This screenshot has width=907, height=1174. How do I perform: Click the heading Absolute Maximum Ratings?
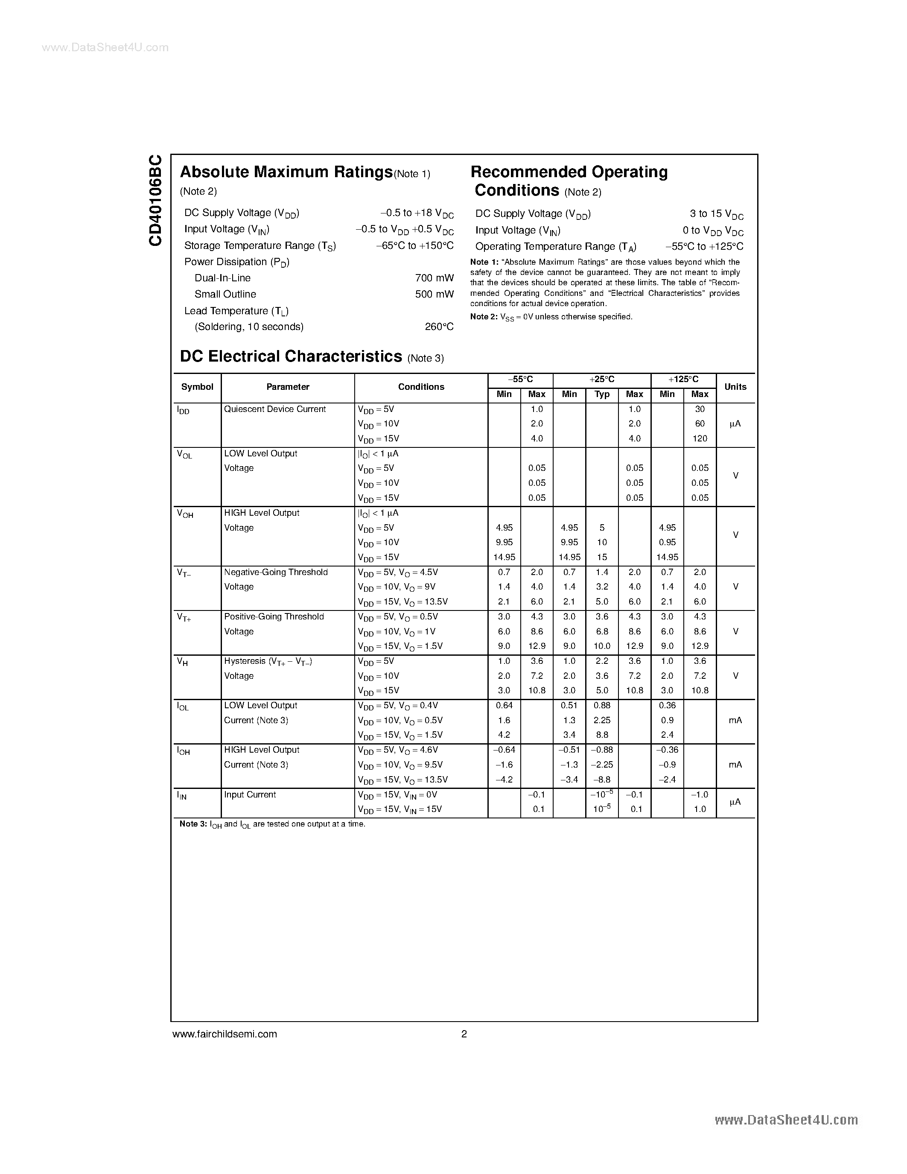click(286, 172)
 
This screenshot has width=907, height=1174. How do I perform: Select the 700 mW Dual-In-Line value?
click(434, 278)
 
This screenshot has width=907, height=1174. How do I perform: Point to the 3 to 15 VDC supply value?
click(716, 214)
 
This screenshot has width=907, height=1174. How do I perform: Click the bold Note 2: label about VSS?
click(484, 317)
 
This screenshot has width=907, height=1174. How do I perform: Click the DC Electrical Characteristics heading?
click(291, 356)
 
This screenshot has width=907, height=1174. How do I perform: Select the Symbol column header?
click(197, 387)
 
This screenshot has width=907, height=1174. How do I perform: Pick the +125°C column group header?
click(683, 380)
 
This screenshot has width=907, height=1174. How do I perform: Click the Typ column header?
click(602, 394)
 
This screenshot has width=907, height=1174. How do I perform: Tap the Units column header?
click(735, 387)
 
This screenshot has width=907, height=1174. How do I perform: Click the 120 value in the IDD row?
click(700, 438)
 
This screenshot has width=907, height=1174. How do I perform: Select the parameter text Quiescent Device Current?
click(274, 409)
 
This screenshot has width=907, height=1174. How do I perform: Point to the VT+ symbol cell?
click(184, 618)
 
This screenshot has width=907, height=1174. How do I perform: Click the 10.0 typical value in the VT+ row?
click(602, 646)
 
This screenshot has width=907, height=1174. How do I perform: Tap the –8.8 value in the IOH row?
click(602, 780)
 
